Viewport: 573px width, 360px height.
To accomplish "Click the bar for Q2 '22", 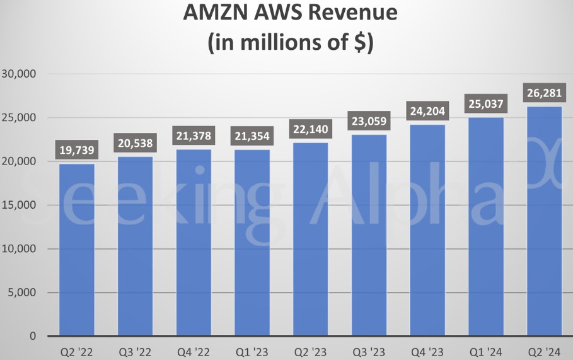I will (x=76, y=250).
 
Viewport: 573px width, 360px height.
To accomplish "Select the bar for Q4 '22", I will (x=194, y=243).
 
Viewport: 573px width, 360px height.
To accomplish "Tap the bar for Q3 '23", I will (x=369, y=235).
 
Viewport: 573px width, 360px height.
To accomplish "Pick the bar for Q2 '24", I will (x=544, y=221).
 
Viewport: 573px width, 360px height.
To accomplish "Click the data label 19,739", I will (x=76, y=150).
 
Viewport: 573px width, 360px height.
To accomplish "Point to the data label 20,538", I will (x=135, y=143).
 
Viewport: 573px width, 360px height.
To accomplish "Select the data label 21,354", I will (x=252, y=136).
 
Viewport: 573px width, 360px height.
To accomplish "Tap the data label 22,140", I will (x=310, y=130).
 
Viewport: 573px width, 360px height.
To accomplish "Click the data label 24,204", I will (x=427, y=112).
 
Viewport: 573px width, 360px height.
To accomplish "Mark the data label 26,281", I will (x=544, y=93).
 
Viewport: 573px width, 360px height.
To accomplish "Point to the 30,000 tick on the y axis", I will (x=20, y=74).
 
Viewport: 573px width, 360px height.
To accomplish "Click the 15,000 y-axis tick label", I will (x=20, y=206).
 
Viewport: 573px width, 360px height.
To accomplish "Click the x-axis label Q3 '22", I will (x=135, y=351).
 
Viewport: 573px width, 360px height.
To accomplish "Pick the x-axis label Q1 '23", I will (x=252, y=351).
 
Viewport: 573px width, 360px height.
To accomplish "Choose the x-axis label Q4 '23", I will (x=427, y=351).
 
